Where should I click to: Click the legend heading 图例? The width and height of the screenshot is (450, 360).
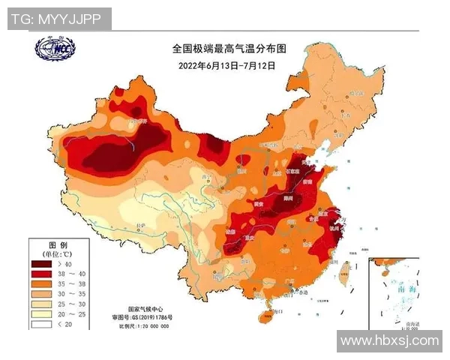pos(58,245)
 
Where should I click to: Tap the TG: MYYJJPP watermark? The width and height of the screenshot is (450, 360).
pos(56,19)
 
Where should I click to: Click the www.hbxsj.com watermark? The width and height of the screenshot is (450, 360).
pos(388,340)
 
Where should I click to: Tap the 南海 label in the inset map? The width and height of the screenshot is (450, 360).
pos(401,287)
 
